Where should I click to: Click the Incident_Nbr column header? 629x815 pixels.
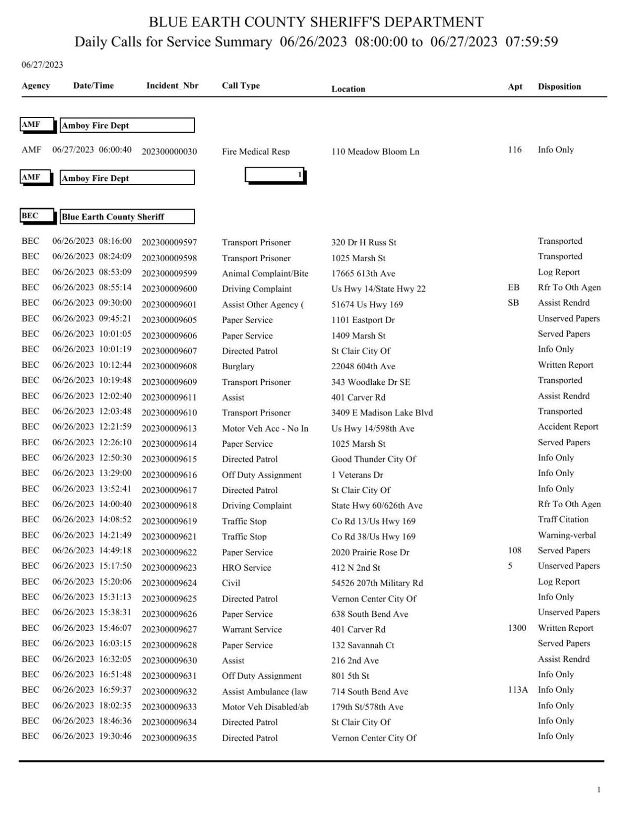pyautogui.click(x=172, y=85)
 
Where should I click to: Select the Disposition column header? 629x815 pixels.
pyautogui.click(x=559, y=87)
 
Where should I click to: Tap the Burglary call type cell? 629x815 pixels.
pyautogui.click(x=238, y=367)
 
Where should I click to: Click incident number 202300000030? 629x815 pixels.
pyautogui.click(x=169, y=152)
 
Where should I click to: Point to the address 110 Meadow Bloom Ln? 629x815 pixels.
pyautogui.click(x=375, y=152)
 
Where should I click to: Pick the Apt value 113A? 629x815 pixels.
pyautogui.click(x=517, y=690)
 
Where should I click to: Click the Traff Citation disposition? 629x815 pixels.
pyautogui.click(x=563, y=519)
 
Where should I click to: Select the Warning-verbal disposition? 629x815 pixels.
pyautogui.click(x=567, y=535)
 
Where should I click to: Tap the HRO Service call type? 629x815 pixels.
pyautogui.click(x=246, y=567)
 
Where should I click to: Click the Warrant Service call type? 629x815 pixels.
pyautogui.click(x=252, y=629)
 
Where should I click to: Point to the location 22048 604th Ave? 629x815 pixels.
pyautogui.click(x=363, y=367)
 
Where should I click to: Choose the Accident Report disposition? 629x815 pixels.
pyautogui.click(x=568, y=426)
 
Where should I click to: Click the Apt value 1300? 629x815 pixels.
pyautogui.click(x=517, y=628)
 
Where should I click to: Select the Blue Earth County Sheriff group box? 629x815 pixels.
pyautogui.click(x=127, y=217)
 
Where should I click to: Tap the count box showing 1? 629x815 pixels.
pyautogui.click(x=275, y=175)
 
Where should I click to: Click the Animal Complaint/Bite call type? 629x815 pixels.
pyautogui.click(x=265, y=273)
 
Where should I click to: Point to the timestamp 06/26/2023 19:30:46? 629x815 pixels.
pyautogui.click(x=92, y=736)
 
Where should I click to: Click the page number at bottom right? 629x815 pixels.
pyautogui.click(x=599, y=790)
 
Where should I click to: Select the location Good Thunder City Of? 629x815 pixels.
pyautogui.click(x=373, y=459)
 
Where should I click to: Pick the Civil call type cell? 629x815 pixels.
pyautogui.click(x=231, y=583)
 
